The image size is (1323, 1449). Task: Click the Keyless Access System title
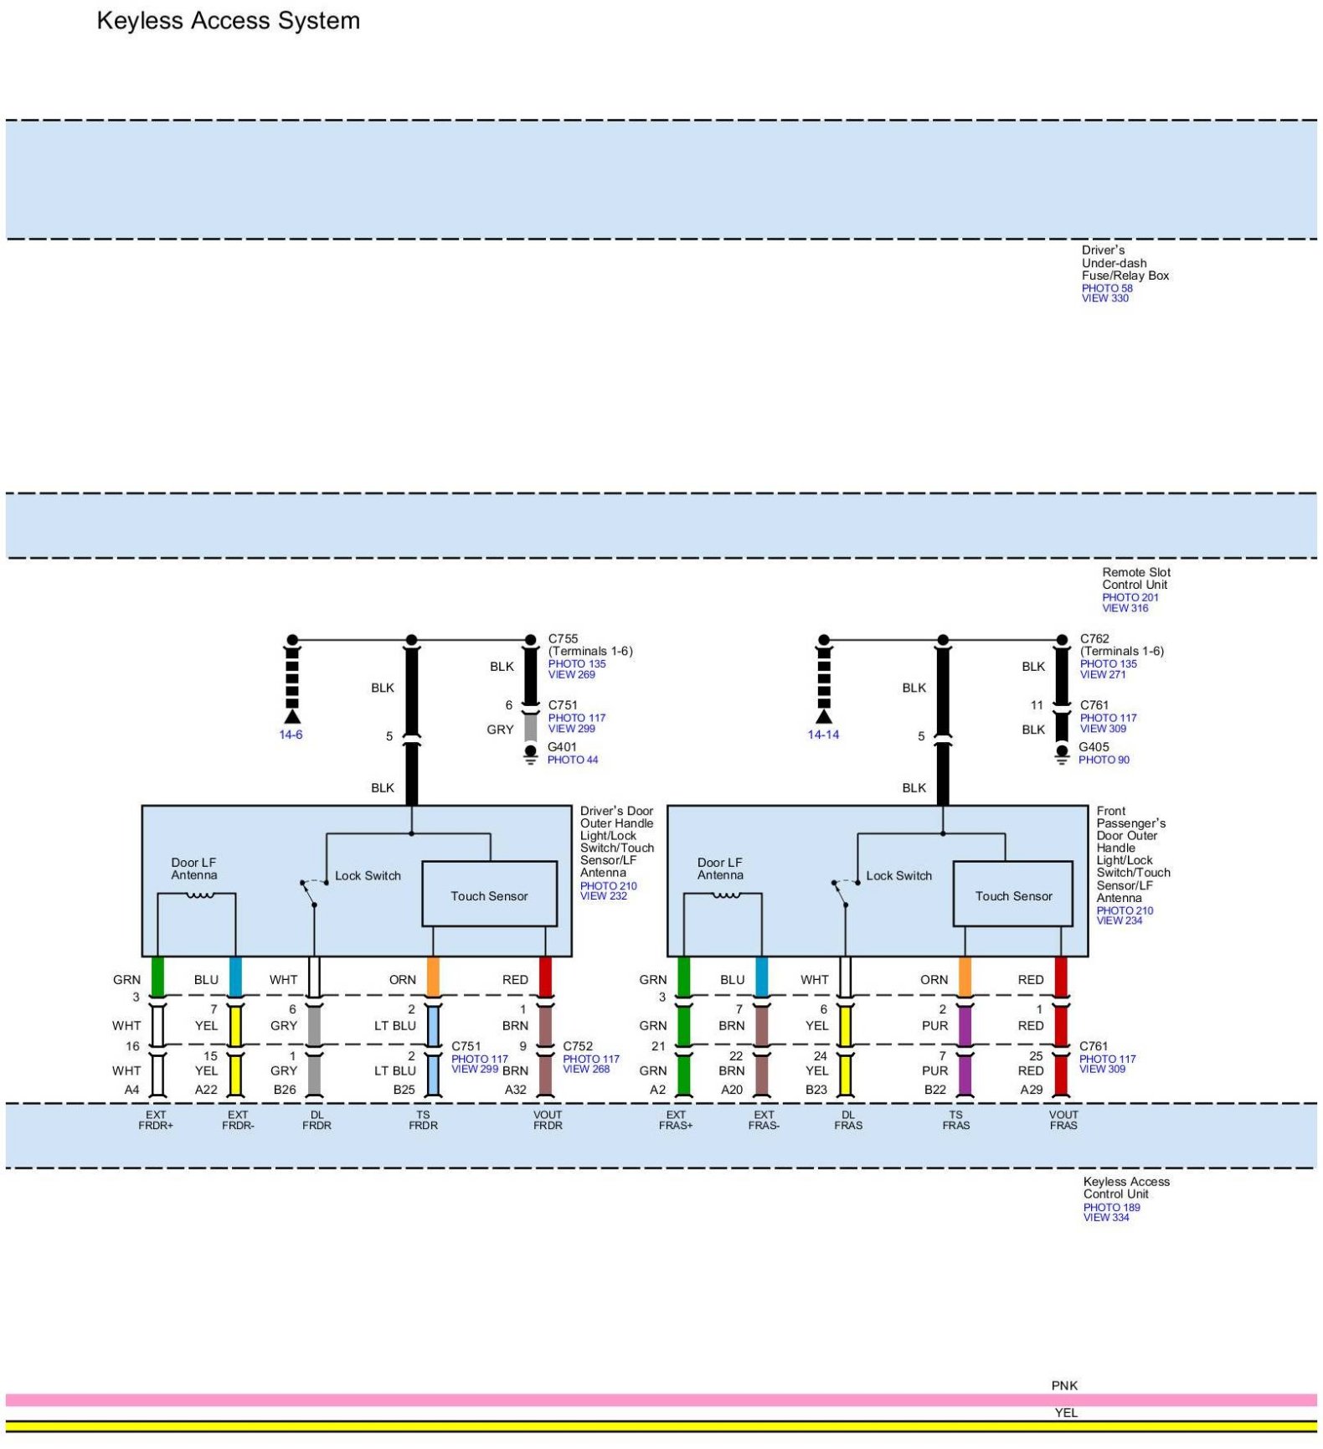[x=228, y=21]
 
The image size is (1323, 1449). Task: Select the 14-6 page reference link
[x=291, y=735]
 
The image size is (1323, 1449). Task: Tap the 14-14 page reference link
[x=823, y=735]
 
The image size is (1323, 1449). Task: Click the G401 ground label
[x=562, y=747]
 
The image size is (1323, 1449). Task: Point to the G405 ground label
[x=1094, y=747]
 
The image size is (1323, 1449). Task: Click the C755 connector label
[x=563, y=638]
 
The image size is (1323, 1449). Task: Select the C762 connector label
[x=1094, y=638]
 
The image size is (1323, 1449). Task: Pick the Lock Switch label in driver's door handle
[x=368, y=875]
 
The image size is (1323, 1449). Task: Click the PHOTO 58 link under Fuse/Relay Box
[x=1107, y=288]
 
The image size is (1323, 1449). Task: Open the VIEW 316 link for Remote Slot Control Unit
[x=1125, y=608]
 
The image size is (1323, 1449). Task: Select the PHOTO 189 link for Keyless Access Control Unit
[x=1111, y=1207]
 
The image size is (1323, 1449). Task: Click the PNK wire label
[x=1064, y=1385]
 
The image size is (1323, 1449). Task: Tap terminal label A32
[x=515, y=1090]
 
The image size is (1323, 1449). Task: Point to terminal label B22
[x=934, y=1090]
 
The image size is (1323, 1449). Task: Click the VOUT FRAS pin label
[x=1063, y=1120]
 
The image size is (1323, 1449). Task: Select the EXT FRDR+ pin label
[x=156, y=1120]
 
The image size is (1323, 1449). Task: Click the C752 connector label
[x=578, y=1046]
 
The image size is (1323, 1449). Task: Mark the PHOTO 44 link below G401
[x=573, y=760]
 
